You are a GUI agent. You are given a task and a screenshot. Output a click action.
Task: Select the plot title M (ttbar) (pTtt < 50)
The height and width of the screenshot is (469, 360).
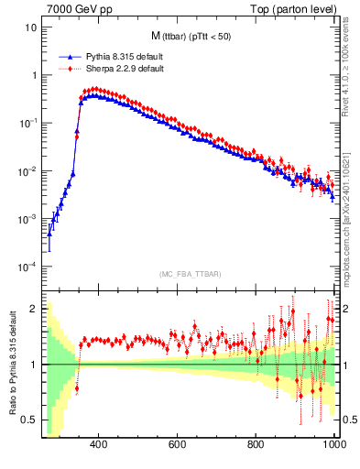[193, 37]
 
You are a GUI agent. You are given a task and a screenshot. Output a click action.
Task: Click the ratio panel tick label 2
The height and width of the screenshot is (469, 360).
[35, 309]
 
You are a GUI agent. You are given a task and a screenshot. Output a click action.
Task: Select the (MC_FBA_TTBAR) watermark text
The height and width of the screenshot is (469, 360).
[192, 274]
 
